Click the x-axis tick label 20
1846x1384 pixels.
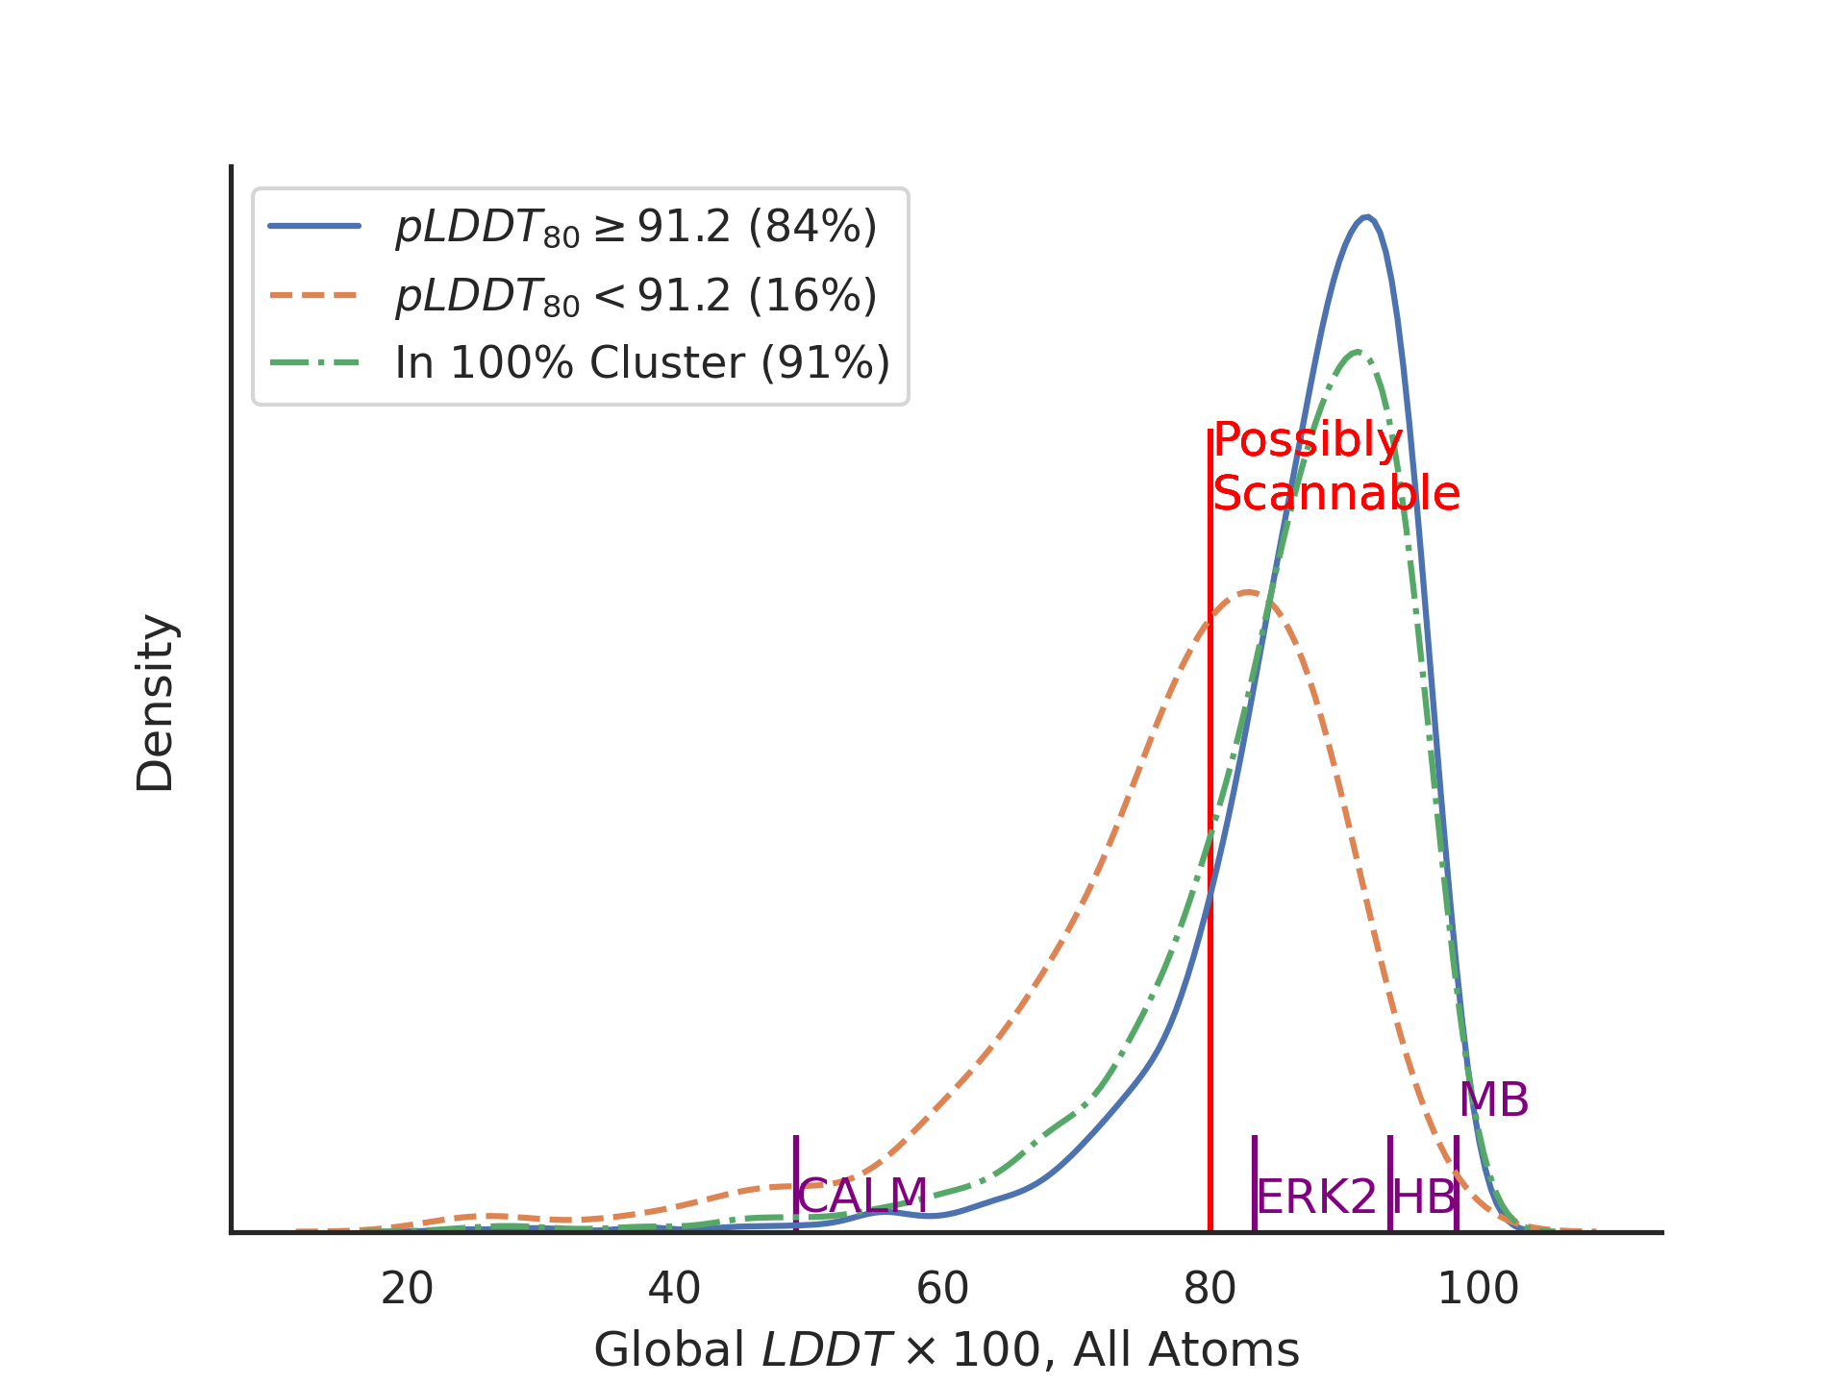pyautogui.click(x=407, y=1289)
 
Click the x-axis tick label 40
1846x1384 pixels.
pyautogui.click(x=674, y=1289)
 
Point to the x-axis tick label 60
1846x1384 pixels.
pyautogui.click(x=942, y=1289)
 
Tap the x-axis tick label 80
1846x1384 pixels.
pyautogui.click(x=1210, y=1289)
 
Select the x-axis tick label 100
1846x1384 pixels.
pyautogui.click(x=1478, y=1289)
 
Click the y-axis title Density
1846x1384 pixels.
pyautogui.click(x=155, y=703)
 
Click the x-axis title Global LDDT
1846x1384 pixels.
pyautogui.click(x=946, y=1350)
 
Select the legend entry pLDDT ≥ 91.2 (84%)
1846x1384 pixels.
pyautogui.click(x=636, y=228)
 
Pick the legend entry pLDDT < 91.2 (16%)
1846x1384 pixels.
pyautogui.click(x=636, y=296)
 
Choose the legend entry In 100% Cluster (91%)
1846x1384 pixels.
pyautogui.click(x=642, y=363)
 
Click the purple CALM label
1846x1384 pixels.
pyautogui.click(x=862, y=1197)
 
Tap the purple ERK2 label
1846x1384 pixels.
pyautogui.click(x=1316, y=1198)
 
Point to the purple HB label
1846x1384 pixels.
pyautogui.click(x=1423, y=1198)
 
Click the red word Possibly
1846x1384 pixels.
pyautogui.click(x=1308, y=440)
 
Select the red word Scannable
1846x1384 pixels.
pyautogui.click(x=1336, y=494)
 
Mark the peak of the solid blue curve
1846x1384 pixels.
pyautogui.click(x=1366, y=217)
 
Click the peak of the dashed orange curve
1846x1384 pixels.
pyautogui.click(x=1247, y=592)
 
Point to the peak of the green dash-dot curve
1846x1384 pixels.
pyautogui.click(x=1357, y=352)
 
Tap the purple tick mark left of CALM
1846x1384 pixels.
pyautogui.click(x=795, y=1182)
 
